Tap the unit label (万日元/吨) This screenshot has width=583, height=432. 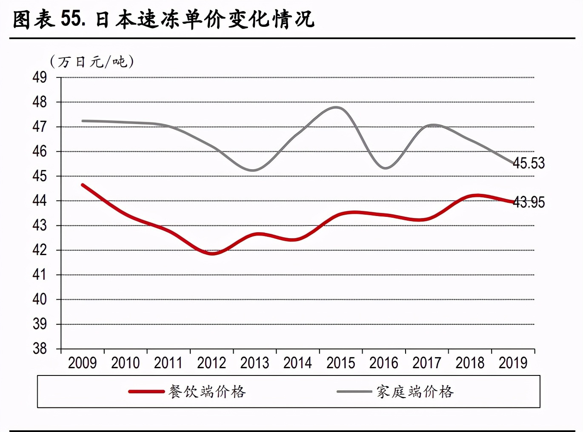[x=92, y=62]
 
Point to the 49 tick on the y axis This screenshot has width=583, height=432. [x=40, y=77]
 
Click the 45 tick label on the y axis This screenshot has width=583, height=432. [x=40, y=176]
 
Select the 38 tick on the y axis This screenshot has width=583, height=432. [x=40, y=349]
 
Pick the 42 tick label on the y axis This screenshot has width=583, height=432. [x=40, y=250]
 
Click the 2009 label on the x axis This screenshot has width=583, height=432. [x=83, y=363]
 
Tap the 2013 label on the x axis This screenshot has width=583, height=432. [x=254, y=363]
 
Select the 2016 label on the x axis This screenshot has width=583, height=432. [x=384, y=363]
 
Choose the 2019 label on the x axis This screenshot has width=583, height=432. [x=513, y=363]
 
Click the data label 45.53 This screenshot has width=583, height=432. [x=529, y=163]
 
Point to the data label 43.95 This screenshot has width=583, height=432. [x=529, y=202]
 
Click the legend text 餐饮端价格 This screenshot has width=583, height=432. [x=207, y=392]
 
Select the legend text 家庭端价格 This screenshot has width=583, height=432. [x=415, y=392]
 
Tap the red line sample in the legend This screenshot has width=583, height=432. [x=146, y=392]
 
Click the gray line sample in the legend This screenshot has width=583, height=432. [x=354, y=392]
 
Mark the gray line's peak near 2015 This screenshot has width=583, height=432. [x=337, y=107]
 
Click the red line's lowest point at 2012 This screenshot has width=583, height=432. [x=212, y=253]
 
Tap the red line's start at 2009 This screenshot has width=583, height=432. [x=83, y=185]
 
